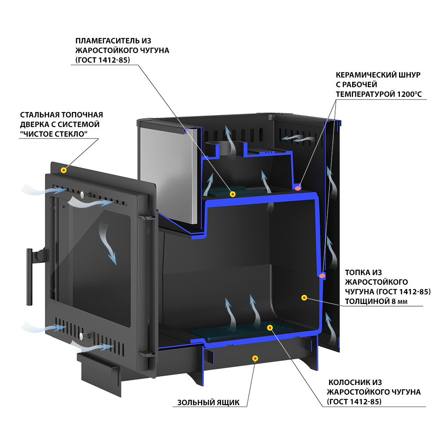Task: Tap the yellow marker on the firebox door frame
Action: coord(64,170)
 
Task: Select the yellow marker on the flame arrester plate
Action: coord(233,194)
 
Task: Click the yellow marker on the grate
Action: coord(270,327)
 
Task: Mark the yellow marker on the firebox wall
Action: coord(304,297)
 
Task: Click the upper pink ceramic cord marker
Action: coord(298,188)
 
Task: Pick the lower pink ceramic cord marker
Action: coord(322,276)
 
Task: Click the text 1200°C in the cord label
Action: coord(411,94)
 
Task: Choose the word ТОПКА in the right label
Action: coord(357,272)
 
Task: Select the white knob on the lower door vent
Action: coord(81,336)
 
